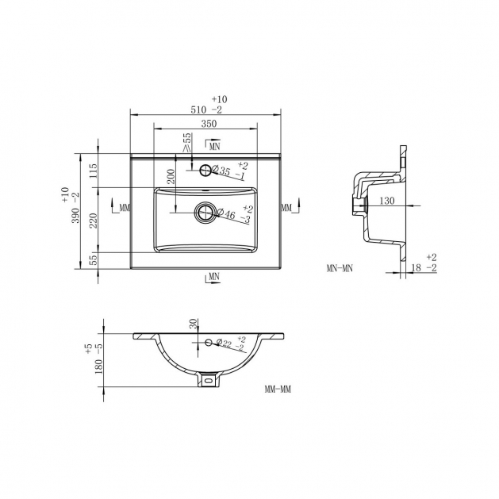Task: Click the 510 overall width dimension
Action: (198, 109)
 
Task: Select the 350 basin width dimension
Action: (209, 123)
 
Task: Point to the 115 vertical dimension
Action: (93, 171)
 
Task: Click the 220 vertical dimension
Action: (93, 221)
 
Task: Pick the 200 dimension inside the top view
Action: (171, 175)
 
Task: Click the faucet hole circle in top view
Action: (205, 171)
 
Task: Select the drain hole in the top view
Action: (205, 213)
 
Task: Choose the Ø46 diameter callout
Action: (226, 214)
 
